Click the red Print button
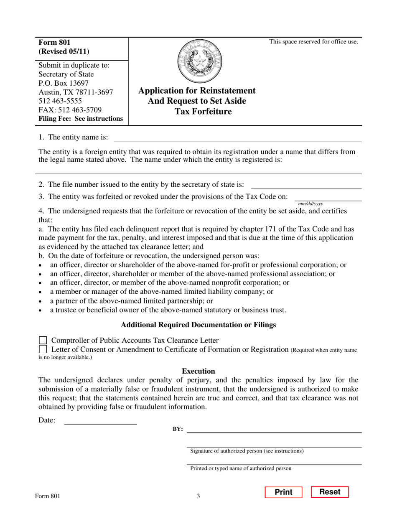(283, 492)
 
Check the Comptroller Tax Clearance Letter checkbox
(43, 341)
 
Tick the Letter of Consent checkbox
(43, 349)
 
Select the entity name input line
(237, 137)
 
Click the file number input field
(306, 185)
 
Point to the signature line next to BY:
(274, 429)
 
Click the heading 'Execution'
(198, 371)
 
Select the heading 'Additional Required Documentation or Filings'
(198, 325)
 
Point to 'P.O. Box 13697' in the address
(64, 83)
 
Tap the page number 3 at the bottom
(198, 496)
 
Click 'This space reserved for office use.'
(313, 41)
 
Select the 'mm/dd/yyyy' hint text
(310, 204)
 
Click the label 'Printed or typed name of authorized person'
(241, 468)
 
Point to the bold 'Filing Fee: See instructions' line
(81, 119)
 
